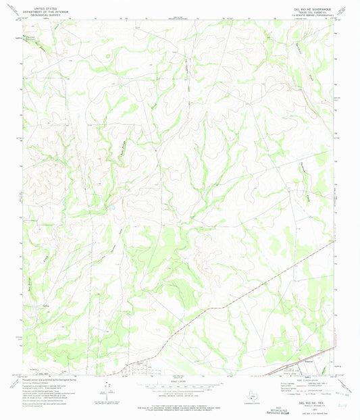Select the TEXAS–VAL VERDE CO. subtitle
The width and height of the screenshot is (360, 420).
point(312,8)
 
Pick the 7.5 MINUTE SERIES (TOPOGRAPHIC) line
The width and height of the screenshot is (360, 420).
point(312,11)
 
